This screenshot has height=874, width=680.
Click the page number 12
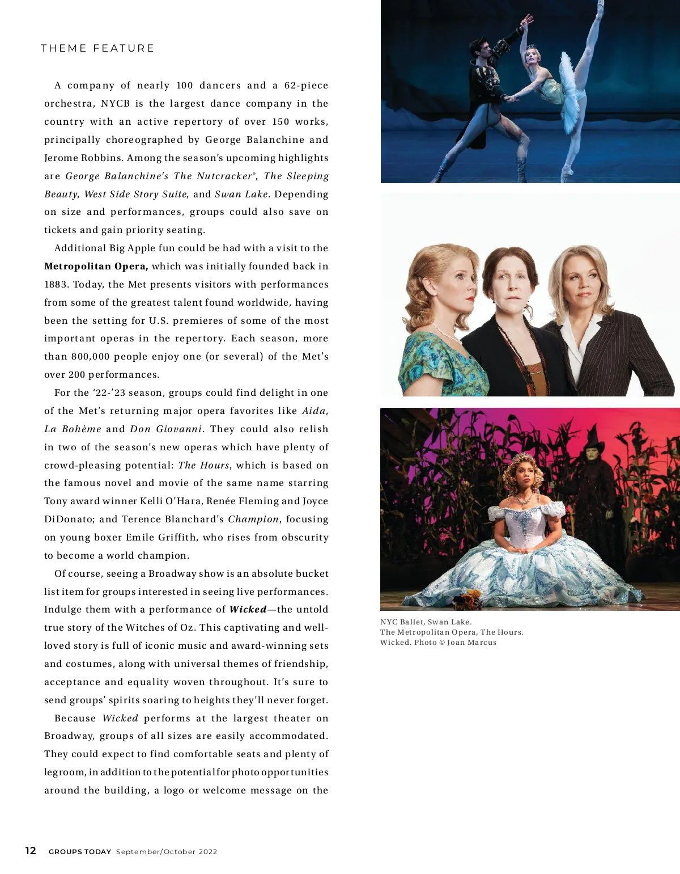[31, 850]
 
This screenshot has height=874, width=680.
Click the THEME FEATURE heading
[97, 48]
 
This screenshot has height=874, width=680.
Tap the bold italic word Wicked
[248, 609]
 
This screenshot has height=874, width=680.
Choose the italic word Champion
[253, 519]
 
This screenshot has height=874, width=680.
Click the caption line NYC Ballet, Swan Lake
[426, 622]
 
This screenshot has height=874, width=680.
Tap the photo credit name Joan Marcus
[471, 642]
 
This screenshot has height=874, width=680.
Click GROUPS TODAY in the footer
[80, 851]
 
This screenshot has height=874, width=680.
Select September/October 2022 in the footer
[167, 851]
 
